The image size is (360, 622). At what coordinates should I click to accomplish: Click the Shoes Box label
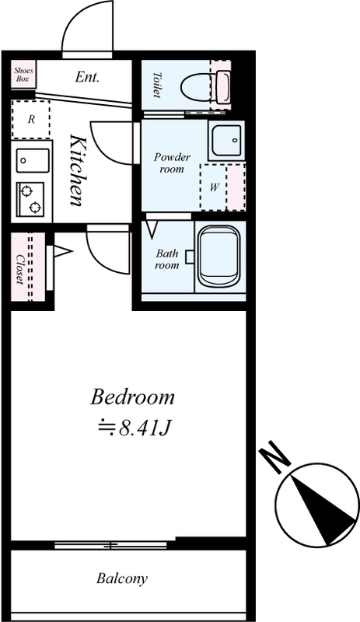(x=24, y=74)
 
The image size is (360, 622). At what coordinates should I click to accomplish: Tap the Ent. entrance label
(x=87, y=77)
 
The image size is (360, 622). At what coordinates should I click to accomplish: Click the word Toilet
(x=157, y=85)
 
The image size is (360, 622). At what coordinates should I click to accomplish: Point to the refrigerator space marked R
(x=31, y=119)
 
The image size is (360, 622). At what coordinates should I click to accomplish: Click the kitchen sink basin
(x=33, y=161)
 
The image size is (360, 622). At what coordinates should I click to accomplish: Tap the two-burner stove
(x=30, y=200)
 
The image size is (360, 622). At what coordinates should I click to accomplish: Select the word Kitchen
(x=77, y=170)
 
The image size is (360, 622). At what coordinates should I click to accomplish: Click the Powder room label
(x=172, y=162)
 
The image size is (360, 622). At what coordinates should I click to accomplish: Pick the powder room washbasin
(x=226, y=142)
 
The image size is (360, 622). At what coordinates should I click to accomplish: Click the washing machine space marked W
(x=214, y=187)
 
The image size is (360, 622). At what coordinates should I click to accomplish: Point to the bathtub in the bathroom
(x=219, y=257)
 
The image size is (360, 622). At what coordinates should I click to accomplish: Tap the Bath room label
(x=166, y=259)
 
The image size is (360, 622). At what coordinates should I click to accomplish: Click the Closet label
(x=19, y=268)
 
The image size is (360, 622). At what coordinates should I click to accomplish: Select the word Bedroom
(x=132, y=397)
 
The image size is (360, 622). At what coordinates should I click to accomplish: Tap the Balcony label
(x=122, y=578)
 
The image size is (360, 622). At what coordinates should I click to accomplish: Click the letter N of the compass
(x=274, y=459)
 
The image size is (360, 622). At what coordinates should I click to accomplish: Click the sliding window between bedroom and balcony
(x=110, y=545)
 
